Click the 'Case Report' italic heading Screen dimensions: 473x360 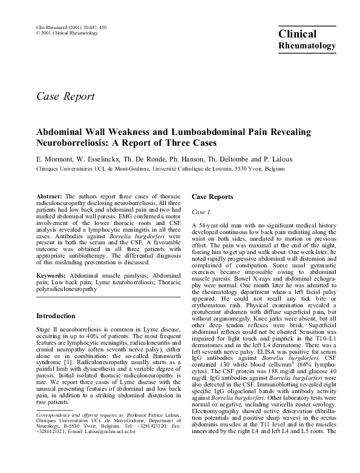(66, 96)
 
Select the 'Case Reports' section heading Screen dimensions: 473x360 (212, 197)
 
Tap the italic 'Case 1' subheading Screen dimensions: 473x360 (201, 212)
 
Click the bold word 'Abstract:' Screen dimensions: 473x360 (50, 197)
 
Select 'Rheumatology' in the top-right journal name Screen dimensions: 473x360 (306, 46)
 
